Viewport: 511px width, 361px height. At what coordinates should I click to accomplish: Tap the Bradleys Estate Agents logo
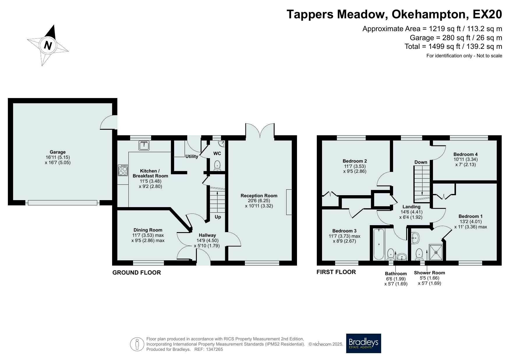(x=363, y=343)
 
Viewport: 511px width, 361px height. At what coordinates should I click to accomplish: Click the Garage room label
(x=58, y=152)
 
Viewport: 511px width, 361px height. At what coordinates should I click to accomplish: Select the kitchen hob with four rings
(x=123, y=170)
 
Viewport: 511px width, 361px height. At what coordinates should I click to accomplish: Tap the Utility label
(x=192, y=156)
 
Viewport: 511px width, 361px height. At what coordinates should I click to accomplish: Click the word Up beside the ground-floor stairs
(x=218, y=217)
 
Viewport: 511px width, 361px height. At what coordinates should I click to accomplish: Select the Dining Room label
(x=148, y=230)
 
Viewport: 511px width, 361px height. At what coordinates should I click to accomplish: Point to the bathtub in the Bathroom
(x=379, y=244)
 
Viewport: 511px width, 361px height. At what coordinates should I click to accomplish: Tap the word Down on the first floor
(x=421, y=162)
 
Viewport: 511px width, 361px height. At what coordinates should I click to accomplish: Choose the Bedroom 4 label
(x=466, y=154)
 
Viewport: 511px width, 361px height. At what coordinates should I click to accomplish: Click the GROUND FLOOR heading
(x=137, y=273)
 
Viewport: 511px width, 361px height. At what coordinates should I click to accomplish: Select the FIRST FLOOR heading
(x=336, y=272)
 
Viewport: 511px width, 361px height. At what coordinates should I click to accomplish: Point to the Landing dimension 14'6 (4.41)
(x=411, y=212)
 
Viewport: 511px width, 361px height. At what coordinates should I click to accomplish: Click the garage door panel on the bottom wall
(x=63, y=203)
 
